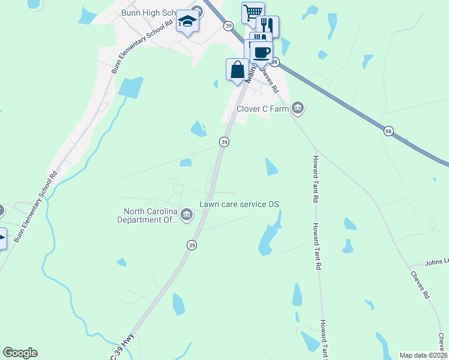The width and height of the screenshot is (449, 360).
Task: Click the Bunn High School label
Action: point(146,13)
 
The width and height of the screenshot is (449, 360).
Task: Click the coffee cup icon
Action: point(262,52)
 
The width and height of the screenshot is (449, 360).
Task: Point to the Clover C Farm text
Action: point(262,109)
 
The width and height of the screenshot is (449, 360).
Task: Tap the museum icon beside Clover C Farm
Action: point(298,108)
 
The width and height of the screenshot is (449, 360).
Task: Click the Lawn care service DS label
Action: point(240,205)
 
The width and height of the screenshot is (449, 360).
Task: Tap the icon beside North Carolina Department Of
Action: point(187,215)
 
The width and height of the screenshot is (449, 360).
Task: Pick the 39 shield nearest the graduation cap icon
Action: point(228,26)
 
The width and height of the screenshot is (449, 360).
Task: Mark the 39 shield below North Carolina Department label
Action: point(191,245)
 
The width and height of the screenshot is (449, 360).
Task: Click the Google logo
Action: point(20,353)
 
